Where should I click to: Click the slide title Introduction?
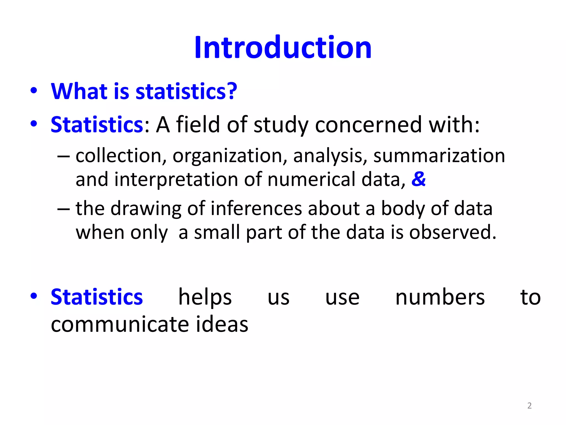283,48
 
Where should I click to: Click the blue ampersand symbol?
418,179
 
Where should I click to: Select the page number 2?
529,406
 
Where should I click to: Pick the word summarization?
439,156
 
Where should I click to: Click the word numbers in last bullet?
440,297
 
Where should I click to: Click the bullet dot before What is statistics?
34,91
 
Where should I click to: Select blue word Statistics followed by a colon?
97,125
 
